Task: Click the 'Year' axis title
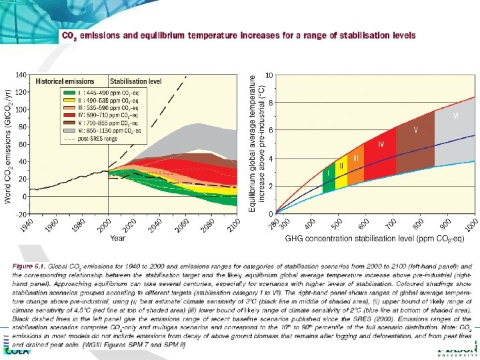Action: click(117, 237)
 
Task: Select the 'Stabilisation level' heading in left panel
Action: click(136, 81)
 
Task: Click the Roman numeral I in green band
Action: click(327, 172)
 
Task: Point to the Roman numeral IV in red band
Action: click(381, 144)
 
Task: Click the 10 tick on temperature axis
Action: click(268, 74)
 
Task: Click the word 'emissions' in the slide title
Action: click(104, 35)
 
